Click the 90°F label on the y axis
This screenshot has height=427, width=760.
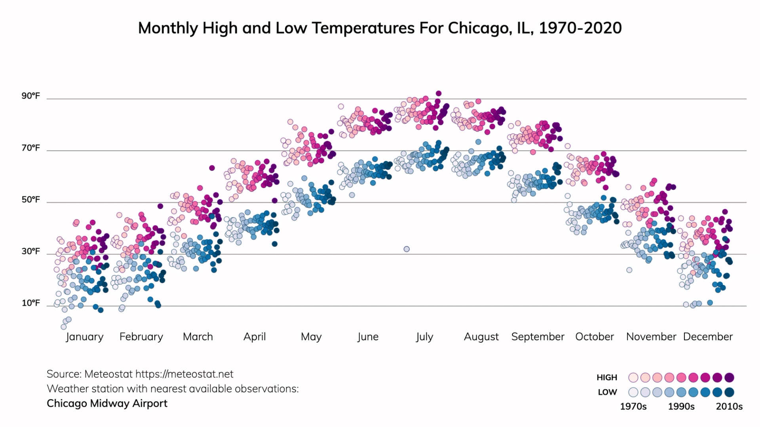pyautogui.click(x=30, y=96)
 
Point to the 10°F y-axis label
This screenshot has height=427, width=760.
pyautogui.click(x=30, y=303)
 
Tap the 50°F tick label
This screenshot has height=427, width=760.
pyautogui.click(x=30, y=200)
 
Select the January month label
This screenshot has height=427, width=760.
pyautogui.click(x=84, y=337)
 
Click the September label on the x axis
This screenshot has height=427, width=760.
pyautogui.click(x=538, y=337)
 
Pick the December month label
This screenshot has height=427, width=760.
pyautogui.click(x=708, y=337)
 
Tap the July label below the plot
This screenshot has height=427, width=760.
pyautogui.click(x=424, y=337)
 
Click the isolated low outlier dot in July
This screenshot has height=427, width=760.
pyautogui.click(x=407, y=249)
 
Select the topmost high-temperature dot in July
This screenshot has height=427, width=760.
pyautogui.click(x=439, y=93)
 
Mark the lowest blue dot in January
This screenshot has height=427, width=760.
pyautogui.click(x=64, y=327)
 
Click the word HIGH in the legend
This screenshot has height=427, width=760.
pyautogui.click(x=607, y=377)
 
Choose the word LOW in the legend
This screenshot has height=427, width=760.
pyautogui.click(x=607, y=392)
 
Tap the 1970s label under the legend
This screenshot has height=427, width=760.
pyautogui.click(x=633, y=406)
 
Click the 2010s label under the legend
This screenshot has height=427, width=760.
pyautogui.click(x=729, y=406)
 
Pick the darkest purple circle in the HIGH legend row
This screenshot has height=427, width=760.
pyautogui.click(x=730, y=377)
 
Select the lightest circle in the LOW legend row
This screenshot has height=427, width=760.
pyautogui.click(x=633, y=392)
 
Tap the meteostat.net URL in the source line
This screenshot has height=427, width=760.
pyautogui.click(x=184, y=374)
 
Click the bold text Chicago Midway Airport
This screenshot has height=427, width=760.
pyautogui.click(x=107, y=403)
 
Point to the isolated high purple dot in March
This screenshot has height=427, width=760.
pyautogui.click(x=212, y=168)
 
